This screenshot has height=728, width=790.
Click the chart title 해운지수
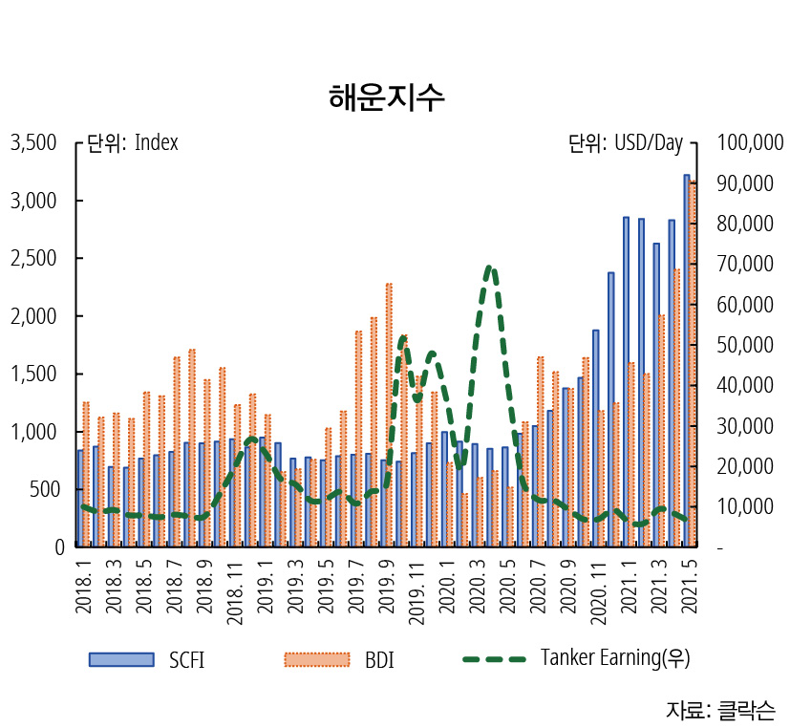click(386, 97)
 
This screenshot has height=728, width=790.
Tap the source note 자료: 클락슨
click(720, 710)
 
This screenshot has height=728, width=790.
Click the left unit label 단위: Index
click(133, 143)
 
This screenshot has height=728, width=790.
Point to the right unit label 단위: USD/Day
click(626, 143)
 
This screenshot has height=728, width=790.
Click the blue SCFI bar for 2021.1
click(627, 382)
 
